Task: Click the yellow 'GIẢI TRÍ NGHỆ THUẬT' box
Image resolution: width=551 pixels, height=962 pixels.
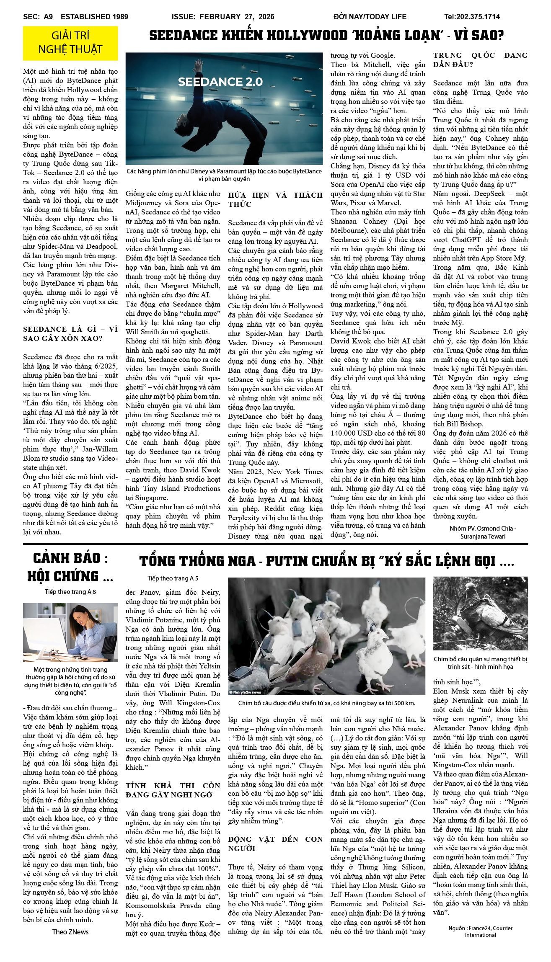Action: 70,43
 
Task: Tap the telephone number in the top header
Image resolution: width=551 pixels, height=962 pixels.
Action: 472,17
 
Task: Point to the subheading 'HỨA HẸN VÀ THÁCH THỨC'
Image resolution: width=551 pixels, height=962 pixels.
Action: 275,199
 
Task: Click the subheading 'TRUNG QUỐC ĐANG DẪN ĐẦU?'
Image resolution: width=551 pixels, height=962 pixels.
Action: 480,60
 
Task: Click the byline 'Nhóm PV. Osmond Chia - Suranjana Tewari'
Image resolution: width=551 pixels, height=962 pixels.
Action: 483,532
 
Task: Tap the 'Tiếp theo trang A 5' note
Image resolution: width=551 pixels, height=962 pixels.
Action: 173,578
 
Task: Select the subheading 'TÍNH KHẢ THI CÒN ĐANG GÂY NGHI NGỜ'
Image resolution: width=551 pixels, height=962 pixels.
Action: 173,790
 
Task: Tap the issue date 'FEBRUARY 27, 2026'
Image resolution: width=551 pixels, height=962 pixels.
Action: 237,17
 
